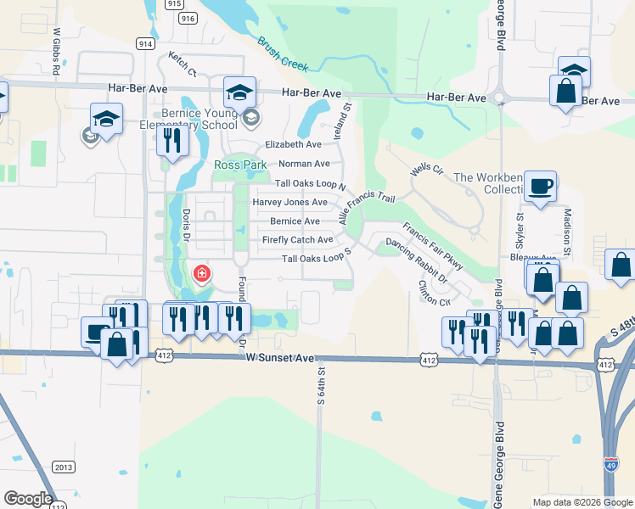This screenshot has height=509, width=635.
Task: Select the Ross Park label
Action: pyautogui.click(x=240, y=165)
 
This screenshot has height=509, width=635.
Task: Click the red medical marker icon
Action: pyautogui.click(x=202, y=273)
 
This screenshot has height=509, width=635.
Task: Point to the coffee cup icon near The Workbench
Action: pyautogui.click(x=539, y=187)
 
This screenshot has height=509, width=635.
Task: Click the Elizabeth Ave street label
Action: pyautogui.click(x=293, y=145)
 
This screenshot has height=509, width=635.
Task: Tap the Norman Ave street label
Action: pyautogui.click(x=304, y=164)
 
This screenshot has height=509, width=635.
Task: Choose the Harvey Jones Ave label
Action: pyautogui.click(x=289, y=203)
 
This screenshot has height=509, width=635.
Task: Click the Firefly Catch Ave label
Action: pyautogui.click(x=297, y=240)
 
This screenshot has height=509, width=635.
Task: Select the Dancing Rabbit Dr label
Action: pyautogui.click(x=416, y=254)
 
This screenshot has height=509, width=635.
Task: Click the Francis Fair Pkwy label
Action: pyautogui.click(x=433, y=246)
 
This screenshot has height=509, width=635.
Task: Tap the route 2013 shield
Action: pyautogui.click(x=64, y=467)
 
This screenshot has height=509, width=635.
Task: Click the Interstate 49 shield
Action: pyautogui.click(x=611, y=464)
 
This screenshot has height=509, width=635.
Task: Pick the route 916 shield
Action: pyautogui.click(x=188, y=18)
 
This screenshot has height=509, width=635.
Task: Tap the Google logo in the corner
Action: pyautogui.click(x=28, y=499)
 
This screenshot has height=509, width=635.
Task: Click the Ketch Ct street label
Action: pyautogui.click(x=182, y=62)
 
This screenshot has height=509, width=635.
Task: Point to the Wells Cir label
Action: pyautogui.click(x=427, y=170)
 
